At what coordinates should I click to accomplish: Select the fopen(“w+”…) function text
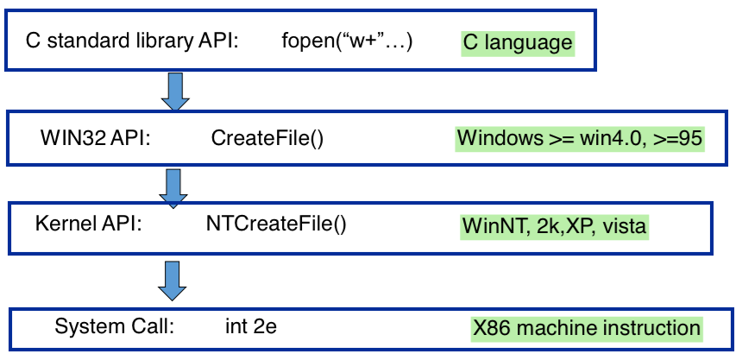[347, 41]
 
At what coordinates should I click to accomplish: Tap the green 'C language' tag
[517, 41]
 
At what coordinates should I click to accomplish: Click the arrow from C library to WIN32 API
[175, 92]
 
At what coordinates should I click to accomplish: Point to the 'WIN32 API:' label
[95, 137]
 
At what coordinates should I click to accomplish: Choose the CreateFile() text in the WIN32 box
[267, 137]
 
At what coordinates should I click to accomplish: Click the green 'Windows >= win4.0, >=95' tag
[580, 138]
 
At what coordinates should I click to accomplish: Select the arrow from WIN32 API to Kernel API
[175, 187]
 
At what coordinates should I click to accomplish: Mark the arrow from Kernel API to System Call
[175, 278]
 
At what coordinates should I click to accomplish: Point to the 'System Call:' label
[115, 326]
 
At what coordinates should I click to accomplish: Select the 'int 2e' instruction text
[251, 326]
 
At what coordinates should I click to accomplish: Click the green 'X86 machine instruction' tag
[586, 328]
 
